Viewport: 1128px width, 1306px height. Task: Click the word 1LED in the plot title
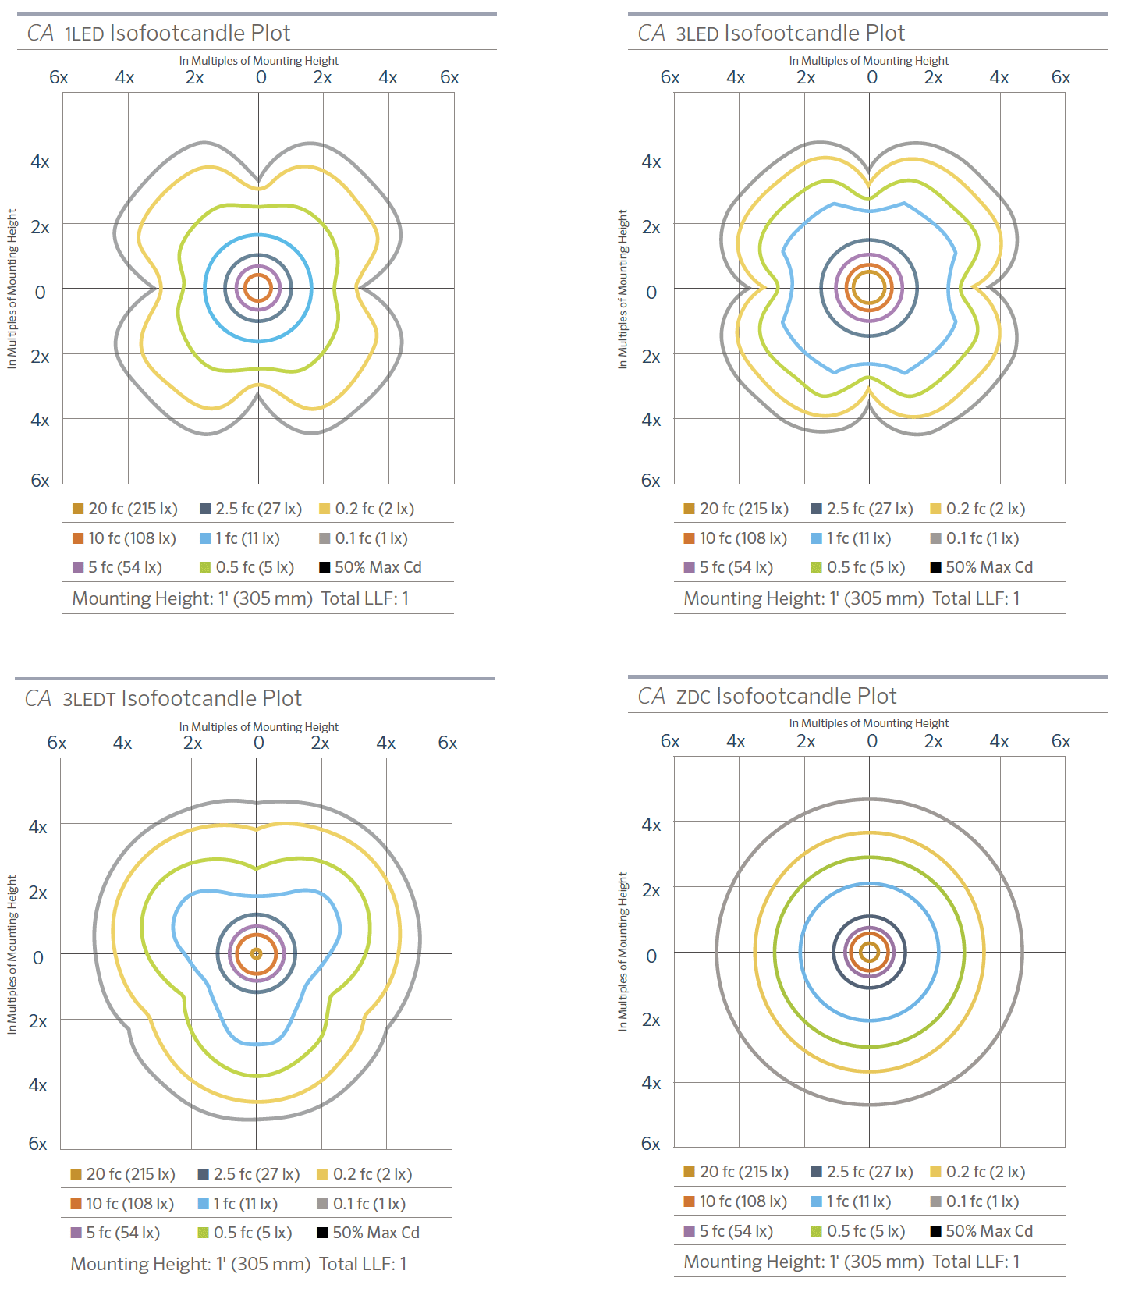[x=84, y=34]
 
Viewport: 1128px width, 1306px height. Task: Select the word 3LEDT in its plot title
[x=89, y=700]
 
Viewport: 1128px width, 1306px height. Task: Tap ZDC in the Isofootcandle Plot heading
[x=693, y=697]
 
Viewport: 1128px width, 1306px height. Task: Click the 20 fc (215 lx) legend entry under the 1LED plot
[x=125, y=509]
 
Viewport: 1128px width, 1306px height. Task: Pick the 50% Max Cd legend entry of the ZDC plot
[x=981, y=1231]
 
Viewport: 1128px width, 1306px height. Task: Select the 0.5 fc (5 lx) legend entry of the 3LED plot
[x=858, y=567]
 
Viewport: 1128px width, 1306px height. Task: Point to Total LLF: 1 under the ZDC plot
[x=976, y=1262]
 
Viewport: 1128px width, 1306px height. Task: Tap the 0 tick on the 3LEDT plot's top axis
[x=259, y=743]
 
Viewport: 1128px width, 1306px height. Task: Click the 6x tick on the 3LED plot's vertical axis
[x=651, y=481]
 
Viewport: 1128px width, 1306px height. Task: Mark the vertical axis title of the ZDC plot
[x=623, y=952]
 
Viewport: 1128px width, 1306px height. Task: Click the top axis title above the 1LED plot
[x=258, y=61]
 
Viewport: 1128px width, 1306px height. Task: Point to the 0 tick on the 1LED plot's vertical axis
[x=41, y=293]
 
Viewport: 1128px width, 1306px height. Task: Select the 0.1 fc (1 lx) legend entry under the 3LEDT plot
[x=361, y=1204]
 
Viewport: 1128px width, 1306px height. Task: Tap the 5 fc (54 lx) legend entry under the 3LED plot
[x=728, y=567]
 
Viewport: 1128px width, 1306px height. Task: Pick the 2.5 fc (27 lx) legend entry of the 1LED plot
[x=250, y=509]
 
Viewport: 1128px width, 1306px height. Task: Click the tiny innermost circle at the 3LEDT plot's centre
[x=256, y=953]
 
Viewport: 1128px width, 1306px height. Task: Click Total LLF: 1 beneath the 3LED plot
[x=976, y=598]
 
